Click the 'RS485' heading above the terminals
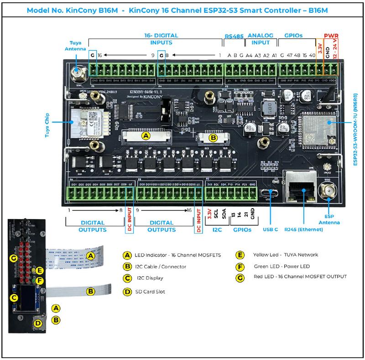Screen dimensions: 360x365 (235, 35)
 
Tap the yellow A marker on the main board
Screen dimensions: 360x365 (146, 136)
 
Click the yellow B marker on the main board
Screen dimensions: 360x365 (213, 137)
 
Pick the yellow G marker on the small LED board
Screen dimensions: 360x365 (13, 259)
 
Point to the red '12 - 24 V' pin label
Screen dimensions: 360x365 (336, 55)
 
